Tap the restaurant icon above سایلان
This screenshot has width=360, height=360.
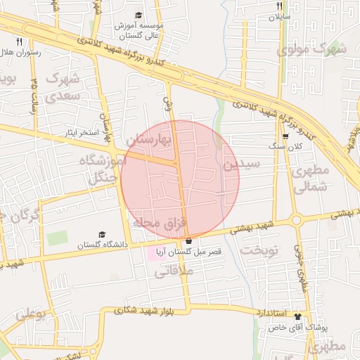(x=279, y=6)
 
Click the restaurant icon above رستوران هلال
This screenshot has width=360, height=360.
(x=19, y=41)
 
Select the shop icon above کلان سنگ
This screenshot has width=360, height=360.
(x=285, y=136)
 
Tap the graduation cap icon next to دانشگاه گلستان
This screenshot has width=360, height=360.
(x=102, y=234)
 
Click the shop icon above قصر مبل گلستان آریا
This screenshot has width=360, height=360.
(x=188, y=240)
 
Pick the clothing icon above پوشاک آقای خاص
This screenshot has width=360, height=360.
(x=297, y=317)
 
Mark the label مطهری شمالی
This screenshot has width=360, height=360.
(x=309, y=179)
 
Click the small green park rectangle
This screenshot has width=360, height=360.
(x=58, y=238)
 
